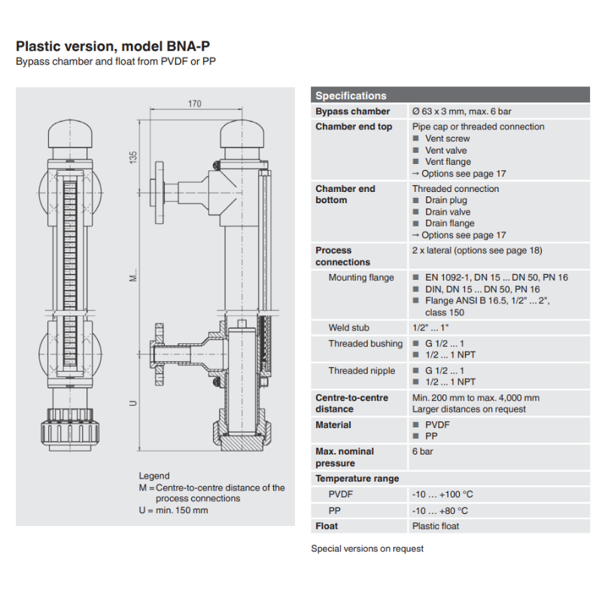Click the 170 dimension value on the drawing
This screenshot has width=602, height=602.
click(x=194, y=104)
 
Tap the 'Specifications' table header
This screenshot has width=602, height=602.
click(x=351, y=96)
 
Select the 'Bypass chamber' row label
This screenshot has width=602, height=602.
click(x=352, y=111)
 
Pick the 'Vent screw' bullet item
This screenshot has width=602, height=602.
click(x=447, y=138)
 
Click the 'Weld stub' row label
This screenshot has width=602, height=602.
click(x=348, y=328)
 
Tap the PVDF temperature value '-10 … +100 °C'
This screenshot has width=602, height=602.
click(x=442, y=494)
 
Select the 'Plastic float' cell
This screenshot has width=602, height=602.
click(x=436, y=526)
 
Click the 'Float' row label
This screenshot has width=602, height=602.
click(x=327, y=526)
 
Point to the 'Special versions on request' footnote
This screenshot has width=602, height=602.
click(x=367, y=549)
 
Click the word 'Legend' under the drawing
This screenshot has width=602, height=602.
click(x=154, y=476)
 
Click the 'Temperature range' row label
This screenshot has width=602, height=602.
click(x=357, y=479)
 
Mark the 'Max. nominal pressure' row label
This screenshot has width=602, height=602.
click(x=345, y=458)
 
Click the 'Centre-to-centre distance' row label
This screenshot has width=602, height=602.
click(x=352, y=403)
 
